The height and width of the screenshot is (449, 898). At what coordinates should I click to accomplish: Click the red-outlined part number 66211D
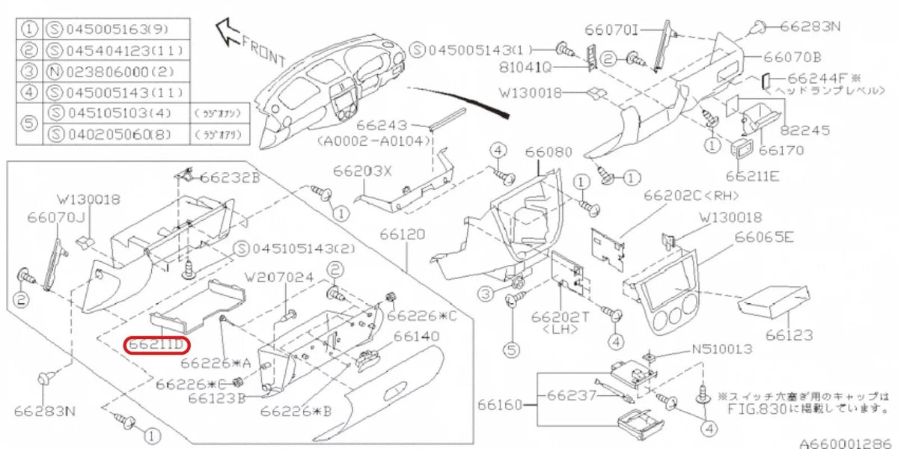[157, 345]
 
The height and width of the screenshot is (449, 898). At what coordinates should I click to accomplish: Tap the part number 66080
[548, 152]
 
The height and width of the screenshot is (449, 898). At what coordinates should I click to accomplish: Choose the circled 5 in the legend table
[29, 124]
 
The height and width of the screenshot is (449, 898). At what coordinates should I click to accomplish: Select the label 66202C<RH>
[691, 195]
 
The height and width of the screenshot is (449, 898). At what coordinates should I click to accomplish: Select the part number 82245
[805, 129]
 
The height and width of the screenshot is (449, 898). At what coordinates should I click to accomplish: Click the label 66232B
[230, 177]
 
